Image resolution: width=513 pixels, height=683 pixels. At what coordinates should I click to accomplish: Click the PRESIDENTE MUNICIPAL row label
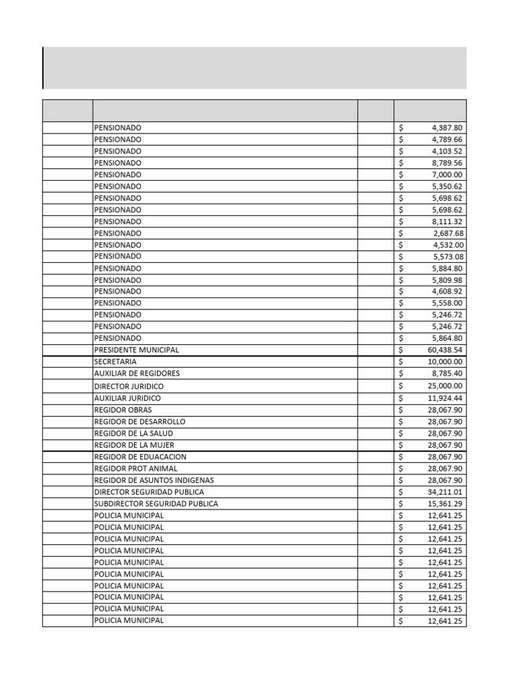click(x=136, y=350)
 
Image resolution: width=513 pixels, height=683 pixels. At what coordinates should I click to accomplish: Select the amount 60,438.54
click(x=445, y=350)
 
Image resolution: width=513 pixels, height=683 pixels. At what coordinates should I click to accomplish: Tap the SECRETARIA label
click(x=115, y=362)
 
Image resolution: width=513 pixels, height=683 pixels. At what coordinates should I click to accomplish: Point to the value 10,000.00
click(x=445, y=362)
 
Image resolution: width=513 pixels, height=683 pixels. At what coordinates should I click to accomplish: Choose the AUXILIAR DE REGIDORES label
click(x=136, y=374)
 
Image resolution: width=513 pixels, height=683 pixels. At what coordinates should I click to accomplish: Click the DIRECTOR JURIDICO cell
click(x=128, y=386)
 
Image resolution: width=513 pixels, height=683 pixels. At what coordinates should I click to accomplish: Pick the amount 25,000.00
click(x=445, y=386)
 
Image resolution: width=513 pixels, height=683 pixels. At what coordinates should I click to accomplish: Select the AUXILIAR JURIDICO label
click(x=127, y=398)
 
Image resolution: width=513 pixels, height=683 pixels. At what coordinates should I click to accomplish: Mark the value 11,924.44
click(x=445, y=398)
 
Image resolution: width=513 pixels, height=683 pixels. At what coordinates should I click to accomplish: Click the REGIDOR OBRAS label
click(x=123, y=410)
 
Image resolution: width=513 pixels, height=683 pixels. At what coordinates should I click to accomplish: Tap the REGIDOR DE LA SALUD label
click(x=133, y=434)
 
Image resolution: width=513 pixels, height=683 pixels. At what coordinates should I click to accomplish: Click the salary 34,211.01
click(x=445, y=492)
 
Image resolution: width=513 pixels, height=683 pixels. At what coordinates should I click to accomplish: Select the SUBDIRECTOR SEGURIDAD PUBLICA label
click(x=156, y=504)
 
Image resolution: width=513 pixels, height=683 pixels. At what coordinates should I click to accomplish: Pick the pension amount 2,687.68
click(x=448, y=233)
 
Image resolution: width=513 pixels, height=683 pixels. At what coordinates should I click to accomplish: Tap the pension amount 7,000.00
click(x=448, y=175)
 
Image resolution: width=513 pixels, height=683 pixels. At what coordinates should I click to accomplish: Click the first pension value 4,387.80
click(x=448, y=127)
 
